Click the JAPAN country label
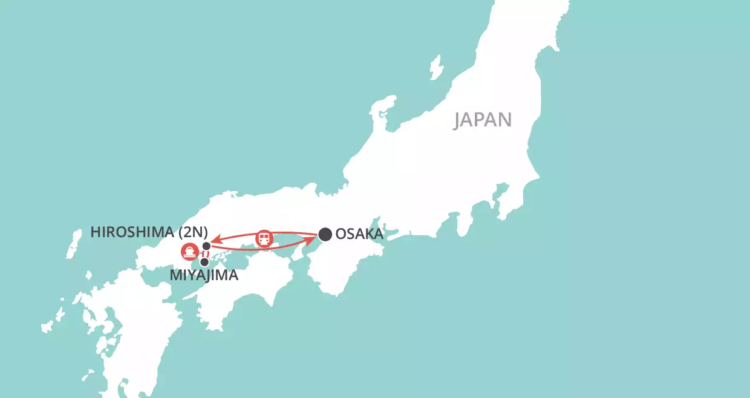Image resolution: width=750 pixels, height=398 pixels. point(483,120)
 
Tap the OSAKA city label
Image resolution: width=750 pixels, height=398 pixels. point(359,234)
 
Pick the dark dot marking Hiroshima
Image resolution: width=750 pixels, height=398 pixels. point(207,246)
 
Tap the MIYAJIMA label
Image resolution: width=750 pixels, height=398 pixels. point(204,276)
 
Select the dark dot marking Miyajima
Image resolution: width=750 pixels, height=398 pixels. point(204,262)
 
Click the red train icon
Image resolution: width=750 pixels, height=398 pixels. point(264,238)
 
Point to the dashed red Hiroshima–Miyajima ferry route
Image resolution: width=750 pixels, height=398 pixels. point(206,254)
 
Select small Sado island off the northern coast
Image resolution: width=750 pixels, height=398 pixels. point(435,67)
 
